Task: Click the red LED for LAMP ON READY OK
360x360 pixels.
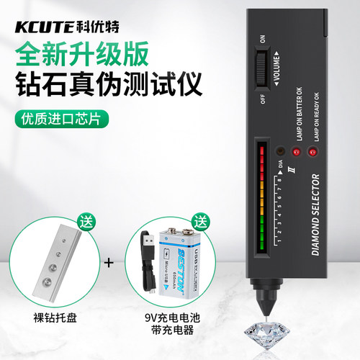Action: click(x=312, y=152)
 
